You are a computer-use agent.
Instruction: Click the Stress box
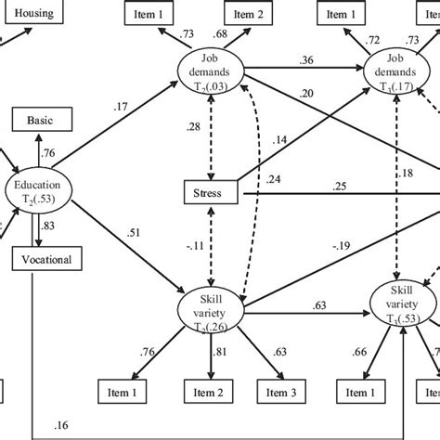click(x=212, y=194)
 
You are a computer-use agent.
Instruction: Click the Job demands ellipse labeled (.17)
click(x=396, y=72)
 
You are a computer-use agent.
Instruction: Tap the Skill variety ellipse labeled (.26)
click(x=212, y=309)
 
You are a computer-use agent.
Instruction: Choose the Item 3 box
click(x=281, y=394)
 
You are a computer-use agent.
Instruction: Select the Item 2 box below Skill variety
click(x=213, y=394)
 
